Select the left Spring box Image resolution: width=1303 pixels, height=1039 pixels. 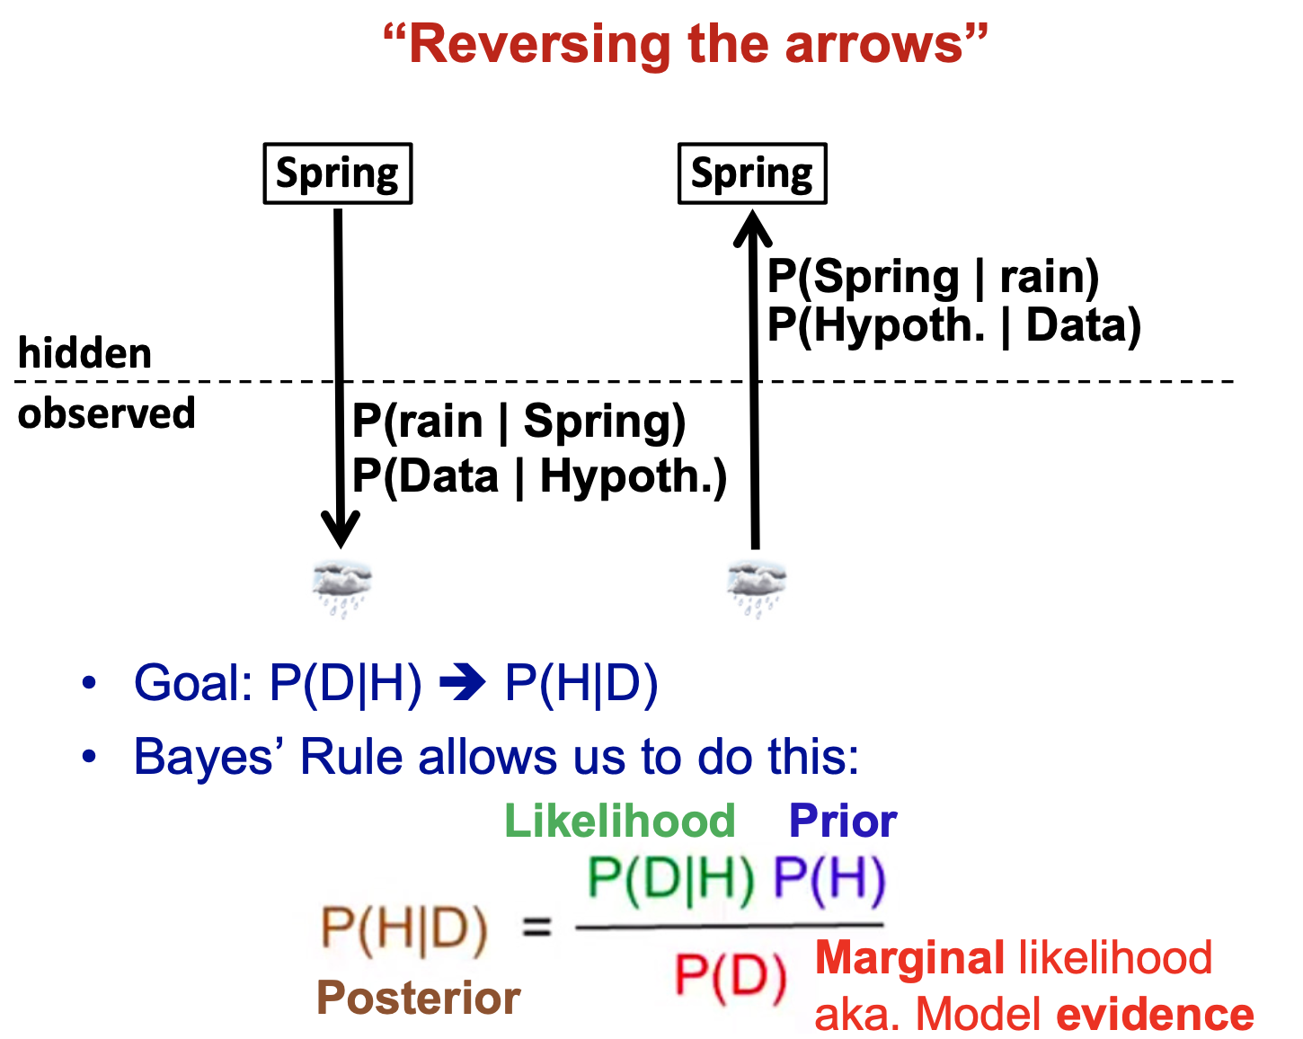(338, 173)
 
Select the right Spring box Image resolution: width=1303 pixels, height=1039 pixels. (752, 173)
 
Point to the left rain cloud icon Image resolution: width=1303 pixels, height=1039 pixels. (341, 586)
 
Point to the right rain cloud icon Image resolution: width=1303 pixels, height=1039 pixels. (756, 586)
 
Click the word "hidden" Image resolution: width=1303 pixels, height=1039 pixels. (84, 353)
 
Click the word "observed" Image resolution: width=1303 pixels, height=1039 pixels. (106, 413)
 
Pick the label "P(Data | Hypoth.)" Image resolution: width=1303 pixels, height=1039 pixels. (539, 475)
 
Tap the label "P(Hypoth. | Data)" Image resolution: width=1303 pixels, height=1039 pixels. (953, 325)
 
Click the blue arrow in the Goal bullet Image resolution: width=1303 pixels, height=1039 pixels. (463, 684)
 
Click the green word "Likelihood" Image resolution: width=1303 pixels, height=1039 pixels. (619, 821)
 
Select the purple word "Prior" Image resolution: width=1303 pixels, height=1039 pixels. (842, 821)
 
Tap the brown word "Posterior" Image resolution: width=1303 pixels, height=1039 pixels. (418, 998)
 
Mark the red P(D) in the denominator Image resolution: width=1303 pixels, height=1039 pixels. (730, 975)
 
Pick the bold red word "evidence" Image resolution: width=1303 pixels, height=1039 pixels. (1155, 1015)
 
